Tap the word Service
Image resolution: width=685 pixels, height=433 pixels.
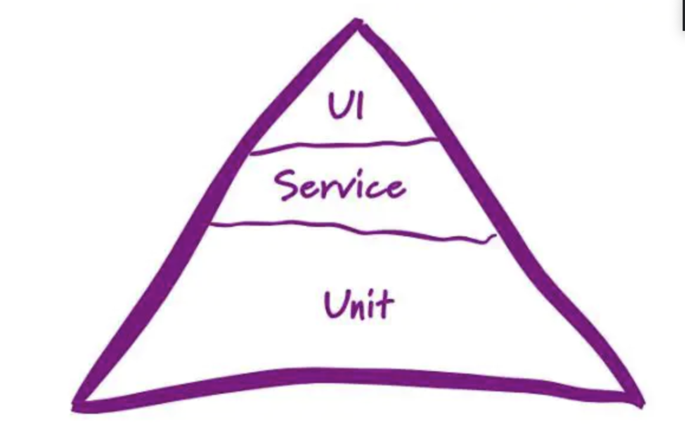[x=340, y=186]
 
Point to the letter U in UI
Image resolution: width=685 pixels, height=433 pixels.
[x=338, y=106]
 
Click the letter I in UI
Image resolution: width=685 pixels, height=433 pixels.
[x=360, y=107]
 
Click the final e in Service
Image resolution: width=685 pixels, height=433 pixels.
[x=395, y=188]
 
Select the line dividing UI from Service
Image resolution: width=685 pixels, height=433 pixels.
[x=344, y=145]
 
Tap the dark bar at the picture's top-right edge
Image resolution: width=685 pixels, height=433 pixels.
[x=683, y=15]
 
